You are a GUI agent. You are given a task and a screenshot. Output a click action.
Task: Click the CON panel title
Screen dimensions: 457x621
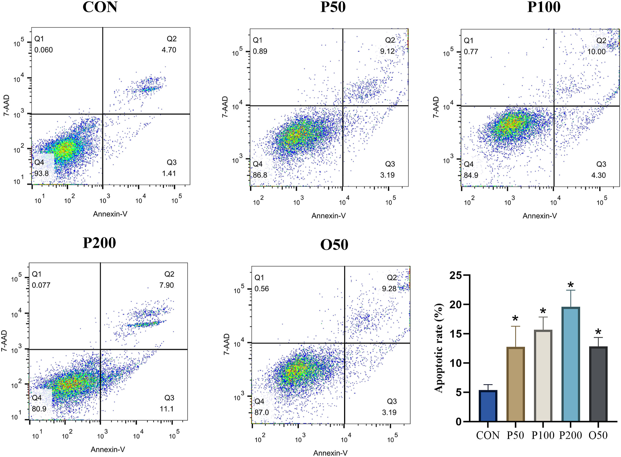pyautogui.click(x=100, y=7)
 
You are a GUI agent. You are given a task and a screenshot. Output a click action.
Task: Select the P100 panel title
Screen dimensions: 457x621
pyautogui.click(x=544, y=7)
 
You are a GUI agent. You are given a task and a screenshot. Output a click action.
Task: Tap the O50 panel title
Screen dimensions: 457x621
pyautogui.click(x=334, y=245)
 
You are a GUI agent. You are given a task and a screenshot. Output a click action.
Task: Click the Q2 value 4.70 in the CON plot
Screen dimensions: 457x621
pyautogui.click(x=169, y=50)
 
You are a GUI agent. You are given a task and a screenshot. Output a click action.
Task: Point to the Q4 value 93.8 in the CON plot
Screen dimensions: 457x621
pyautogui.click(x=41, y=173)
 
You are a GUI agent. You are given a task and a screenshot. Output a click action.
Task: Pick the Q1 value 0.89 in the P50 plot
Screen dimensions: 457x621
pyautogui.click(x=260, y=51)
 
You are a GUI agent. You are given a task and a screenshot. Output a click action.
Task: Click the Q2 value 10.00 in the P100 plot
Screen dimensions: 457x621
pyautogui.click(x=596, y=52)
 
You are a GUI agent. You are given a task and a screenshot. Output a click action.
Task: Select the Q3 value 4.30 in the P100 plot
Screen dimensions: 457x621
pyautogui.click(x=598, y=175)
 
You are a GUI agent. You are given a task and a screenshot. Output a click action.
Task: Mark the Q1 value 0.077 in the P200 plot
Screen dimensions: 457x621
pyautogui.click(x=41, y=285)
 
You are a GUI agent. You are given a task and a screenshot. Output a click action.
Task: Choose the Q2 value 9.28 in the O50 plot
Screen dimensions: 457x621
pyautogui.click(x=389, y=289)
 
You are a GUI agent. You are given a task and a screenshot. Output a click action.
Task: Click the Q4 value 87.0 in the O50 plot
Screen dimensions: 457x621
pyautogui.click(x=261, y=412)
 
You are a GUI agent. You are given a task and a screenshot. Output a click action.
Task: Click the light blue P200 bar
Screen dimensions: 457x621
pyautogui.click(x=570, y=365)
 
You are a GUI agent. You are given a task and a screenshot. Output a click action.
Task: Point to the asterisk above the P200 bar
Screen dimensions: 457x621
pyautogui.click(x=570, y=285)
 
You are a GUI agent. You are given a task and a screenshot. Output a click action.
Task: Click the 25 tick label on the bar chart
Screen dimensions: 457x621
pyautogui.click(x=455, y=275)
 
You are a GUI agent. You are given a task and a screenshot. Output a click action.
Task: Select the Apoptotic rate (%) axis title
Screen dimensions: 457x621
pyautogui.click(x=438, y=348)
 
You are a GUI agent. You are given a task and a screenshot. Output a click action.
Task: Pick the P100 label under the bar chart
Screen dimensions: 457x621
pyautogui.click(x=543, y=435)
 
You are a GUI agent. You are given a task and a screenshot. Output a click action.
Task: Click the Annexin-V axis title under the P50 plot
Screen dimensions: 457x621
pyautogui.click(x=329, y=216)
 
